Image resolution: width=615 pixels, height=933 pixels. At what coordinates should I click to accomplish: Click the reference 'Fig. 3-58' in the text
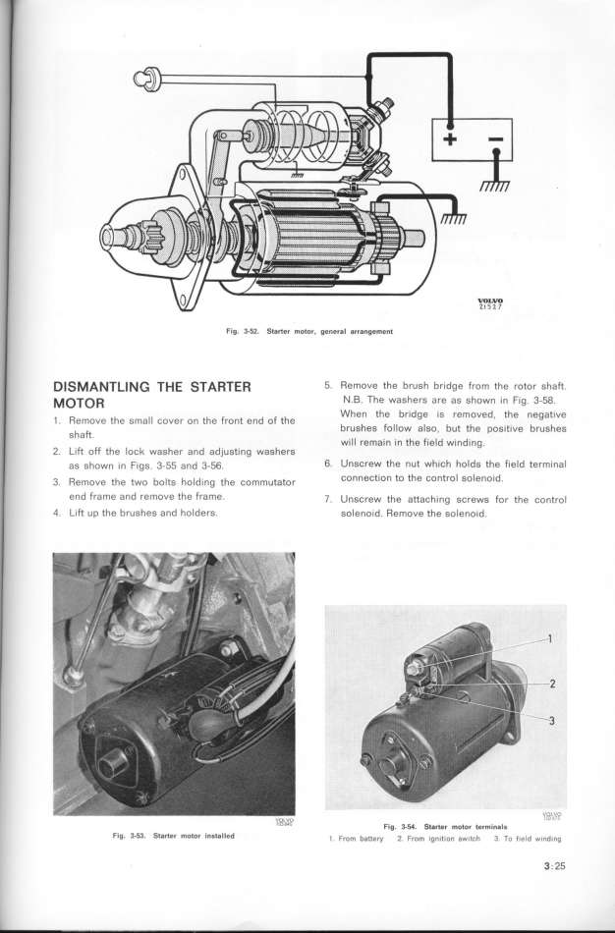click(x=538, y=400)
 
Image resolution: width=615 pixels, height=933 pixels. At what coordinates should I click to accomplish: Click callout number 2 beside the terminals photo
click(x=552, y=685)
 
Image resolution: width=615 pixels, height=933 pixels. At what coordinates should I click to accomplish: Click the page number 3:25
click(x=553, y=866)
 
